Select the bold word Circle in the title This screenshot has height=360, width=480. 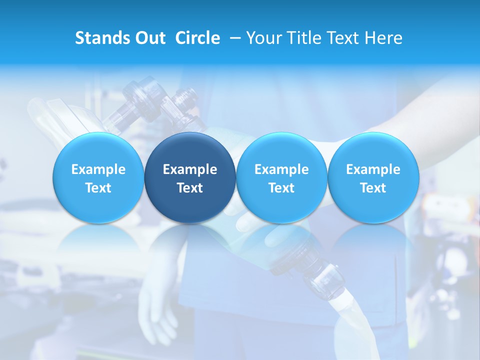pos(197,38)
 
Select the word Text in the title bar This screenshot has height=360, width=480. pos(342,38)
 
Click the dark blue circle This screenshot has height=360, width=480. pos(190,178)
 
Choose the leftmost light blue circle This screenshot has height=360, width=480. pos(98,178)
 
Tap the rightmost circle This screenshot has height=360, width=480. pos(373,178)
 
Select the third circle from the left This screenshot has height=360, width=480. pos(281,178)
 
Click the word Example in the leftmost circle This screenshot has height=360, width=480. pos(98,169)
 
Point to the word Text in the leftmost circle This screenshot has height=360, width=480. pos(98,188)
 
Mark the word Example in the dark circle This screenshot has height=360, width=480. pos(190,169)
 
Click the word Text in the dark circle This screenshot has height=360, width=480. pos(190,188)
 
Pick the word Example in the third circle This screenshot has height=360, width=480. pos(281,169)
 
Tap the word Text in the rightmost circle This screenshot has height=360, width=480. pos(373,188)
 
